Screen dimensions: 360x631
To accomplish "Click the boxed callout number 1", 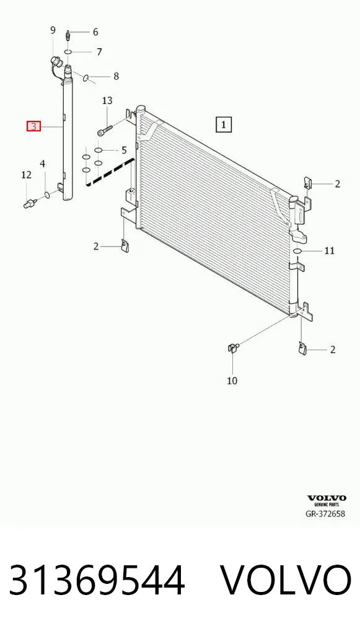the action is (x=224, y=125).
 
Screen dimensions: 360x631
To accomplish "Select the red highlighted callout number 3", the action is (x=34, y=127).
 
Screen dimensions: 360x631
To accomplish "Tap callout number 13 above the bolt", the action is (x=107, y=100).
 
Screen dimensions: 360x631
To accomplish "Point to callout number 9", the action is (x=53, y=30).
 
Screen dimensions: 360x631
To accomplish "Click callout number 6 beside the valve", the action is (x=95, y=32).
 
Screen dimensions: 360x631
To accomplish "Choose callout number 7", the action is (x=99, y=52).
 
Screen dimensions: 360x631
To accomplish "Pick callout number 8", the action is (x=116, y=76).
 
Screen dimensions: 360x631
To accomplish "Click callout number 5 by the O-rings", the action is (x=123, y=150).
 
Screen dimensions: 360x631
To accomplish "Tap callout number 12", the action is (x=26, y=175).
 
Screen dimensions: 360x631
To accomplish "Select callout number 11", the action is (x=330, y=250).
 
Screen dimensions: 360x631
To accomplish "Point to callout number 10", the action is (x=232, y=381).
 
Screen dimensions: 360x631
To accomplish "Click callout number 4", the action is (x=42, y=164).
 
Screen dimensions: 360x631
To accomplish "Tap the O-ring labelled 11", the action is (x=297, y=251).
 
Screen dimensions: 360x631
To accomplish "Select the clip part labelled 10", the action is (x=233, y=346).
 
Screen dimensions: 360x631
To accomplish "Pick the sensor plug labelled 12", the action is (x=30, y=203).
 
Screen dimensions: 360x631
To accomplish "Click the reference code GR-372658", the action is (x=325, y=513).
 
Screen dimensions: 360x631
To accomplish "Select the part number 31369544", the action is (x=97, y=580).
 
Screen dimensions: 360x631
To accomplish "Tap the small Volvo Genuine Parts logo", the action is (x=327, y=501).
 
